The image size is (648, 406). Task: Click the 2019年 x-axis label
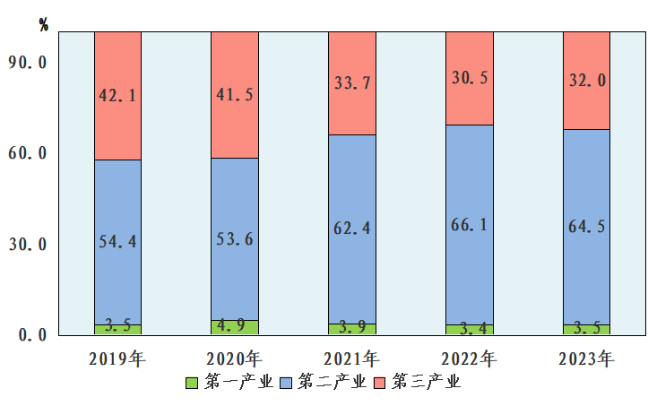click(x=117, y=359)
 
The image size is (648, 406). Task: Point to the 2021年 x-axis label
click(x=351, y=359)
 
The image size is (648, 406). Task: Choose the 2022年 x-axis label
click(x=469, y=359)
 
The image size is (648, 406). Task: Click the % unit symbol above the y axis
click(x=44, y=24)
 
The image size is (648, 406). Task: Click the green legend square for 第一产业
click(x=191, y=383)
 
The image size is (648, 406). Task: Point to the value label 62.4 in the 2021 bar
click(x=351, y=227)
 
